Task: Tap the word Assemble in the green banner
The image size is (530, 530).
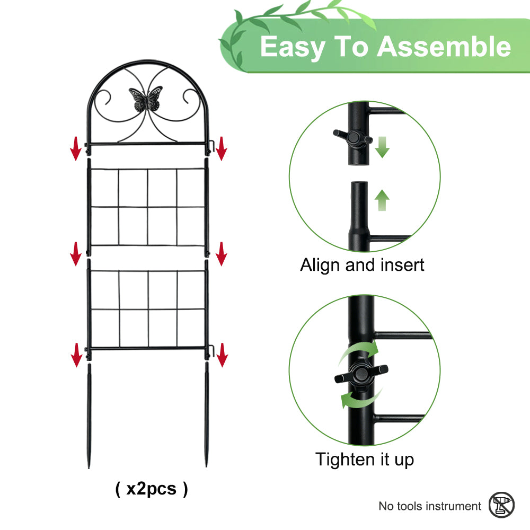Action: (444, 47)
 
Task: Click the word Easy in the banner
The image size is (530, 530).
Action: (293, 48)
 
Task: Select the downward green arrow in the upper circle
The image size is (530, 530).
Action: (382, 147)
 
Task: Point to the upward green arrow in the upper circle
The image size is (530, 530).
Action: (382, 200)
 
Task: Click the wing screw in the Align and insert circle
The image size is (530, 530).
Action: (352, 138)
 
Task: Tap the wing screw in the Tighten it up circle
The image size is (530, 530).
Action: (361, 374)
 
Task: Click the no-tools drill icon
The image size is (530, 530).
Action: (501, 505)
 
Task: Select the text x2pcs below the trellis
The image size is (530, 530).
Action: (152, 489)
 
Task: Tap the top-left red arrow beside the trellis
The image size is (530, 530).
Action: (76, 148)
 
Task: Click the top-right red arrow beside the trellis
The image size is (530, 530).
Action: (222, 148)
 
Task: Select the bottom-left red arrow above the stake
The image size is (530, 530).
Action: (77, 355)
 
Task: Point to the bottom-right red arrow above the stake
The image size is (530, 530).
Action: (222, 355)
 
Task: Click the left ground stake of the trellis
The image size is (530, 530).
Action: (89, 416)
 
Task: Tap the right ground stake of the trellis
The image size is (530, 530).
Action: (207, 415)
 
